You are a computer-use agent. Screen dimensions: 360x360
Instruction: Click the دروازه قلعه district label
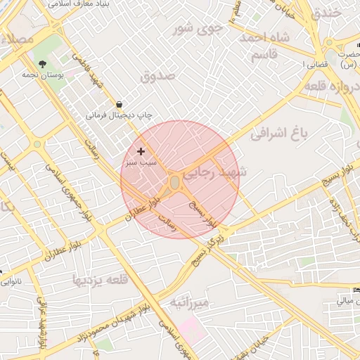tap(333, 86)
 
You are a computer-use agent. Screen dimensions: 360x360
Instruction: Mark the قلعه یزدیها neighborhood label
tap(101, 279)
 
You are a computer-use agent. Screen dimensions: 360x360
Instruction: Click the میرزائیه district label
tap(190, 303)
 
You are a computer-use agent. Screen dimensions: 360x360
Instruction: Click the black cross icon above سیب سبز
tap(141, 151)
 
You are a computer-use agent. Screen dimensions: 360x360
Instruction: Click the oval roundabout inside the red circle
tap(174, 182)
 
